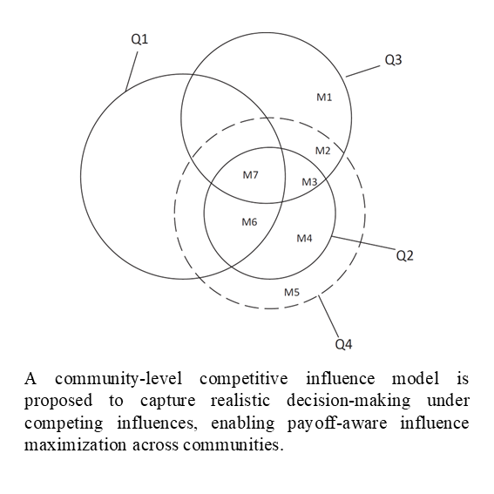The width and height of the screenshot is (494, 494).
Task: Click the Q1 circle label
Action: click(139, 39)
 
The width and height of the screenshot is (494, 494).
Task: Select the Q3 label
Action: click(393, 60)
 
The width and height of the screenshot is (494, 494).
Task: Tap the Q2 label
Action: click(404, 255)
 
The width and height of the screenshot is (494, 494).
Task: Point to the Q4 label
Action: click(343, 344)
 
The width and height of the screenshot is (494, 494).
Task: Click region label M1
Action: click(324, 98)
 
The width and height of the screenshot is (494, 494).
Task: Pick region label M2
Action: click(323, 151)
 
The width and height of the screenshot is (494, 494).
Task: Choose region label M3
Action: click(309, 182)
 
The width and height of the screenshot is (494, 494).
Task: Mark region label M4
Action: click(304, 238)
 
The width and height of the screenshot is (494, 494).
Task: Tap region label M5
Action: click(292, 293)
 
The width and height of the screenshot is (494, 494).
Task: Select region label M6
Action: click(249, 222)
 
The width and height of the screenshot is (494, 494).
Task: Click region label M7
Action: click(250, 175)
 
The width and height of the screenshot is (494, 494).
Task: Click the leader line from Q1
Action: click(132, 71)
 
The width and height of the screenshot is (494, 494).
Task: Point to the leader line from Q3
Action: click(363, 71)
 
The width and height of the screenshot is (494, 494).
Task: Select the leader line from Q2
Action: click(363, 243)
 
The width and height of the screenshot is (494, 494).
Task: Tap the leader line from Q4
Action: click(328, 316)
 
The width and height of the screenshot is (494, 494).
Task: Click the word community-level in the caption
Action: click(118, 379)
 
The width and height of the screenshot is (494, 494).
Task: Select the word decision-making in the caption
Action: click(349, 401)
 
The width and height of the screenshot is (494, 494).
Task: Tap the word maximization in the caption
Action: click(75, 445)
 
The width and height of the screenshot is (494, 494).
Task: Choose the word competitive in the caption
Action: click(244, 379)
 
